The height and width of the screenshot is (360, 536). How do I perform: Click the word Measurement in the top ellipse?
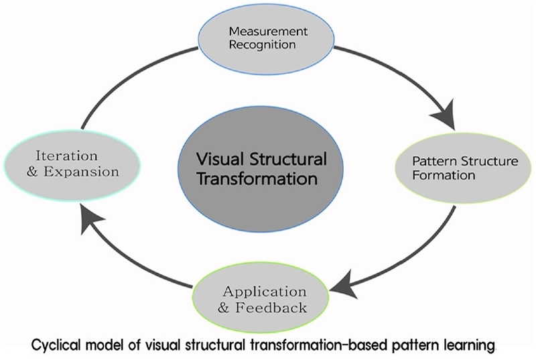[x=268, y=32]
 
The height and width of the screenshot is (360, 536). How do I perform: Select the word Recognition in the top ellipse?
[x=262, y=45]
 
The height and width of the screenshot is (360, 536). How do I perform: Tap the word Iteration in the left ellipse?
[x=66, y=156]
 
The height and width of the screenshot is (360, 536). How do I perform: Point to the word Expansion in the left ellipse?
[x=81, y=172]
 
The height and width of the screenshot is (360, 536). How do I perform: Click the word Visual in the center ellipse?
[x=220, y=159]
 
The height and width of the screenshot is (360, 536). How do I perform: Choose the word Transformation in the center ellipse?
[x=257, y=179]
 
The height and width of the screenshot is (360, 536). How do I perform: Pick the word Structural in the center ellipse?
[x=288, y=159]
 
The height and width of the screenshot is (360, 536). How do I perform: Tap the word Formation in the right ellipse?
[x=444, y=175]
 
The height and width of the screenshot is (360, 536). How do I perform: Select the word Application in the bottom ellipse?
[x=265, y=292]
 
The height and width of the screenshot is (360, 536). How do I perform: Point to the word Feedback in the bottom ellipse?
[x=271, y=308]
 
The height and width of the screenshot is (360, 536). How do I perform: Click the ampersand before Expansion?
[x=32, y=172]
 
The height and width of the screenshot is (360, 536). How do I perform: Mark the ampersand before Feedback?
[x=223, y=308]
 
